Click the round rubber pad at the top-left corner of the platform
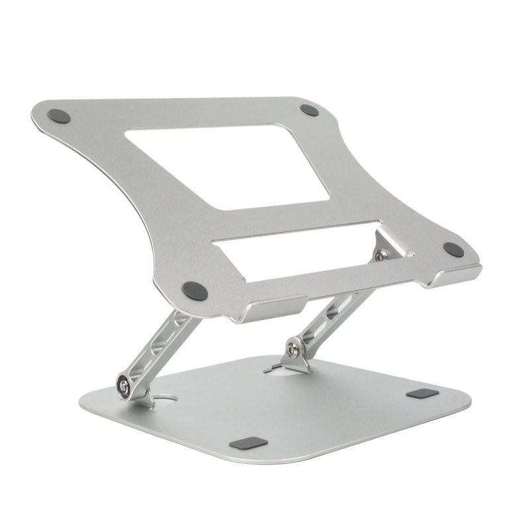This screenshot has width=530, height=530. (x=58, y=114)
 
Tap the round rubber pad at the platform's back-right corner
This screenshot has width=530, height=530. (x=309, y=110)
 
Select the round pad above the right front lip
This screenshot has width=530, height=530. (x=454, y=249)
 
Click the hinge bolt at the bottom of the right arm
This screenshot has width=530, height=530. (x=292, y=345)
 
